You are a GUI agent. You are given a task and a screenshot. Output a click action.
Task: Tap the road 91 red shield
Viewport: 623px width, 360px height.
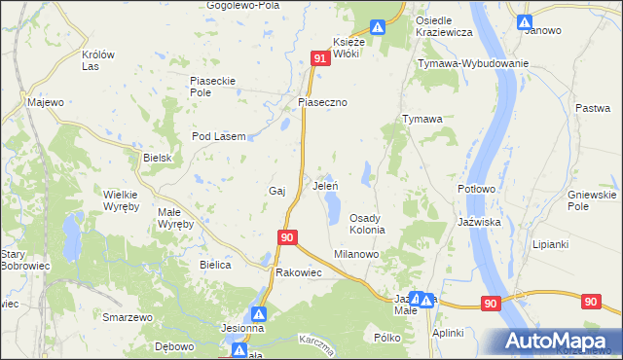tap(320, 59)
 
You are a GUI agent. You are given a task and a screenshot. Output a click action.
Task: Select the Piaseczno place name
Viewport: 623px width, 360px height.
tap(322, 101)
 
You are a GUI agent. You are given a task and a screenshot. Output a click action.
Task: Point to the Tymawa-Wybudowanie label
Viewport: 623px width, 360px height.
tap(472, 63)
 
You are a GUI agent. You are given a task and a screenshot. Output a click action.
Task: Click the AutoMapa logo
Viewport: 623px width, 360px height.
tap(559, 341)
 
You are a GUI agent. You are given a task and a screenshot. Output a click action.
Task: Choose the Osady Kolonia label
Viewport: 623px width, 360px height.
tap(369, 224)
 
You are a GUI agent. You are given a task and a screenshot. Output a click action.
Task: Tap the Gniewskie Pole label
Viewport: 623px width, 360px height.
tap(592, 201)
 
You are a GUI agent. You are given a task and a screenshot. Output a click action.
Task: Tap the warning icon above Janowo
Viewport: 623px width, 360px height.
tap(525, 21)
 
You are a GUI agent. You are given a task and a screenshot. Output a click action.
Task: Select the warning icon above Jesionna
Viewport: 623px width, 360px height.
tap(259, 313)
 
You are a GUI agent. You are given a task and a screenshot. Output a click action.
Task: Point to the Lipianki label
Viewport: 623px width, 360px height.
tap(551, 244)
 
